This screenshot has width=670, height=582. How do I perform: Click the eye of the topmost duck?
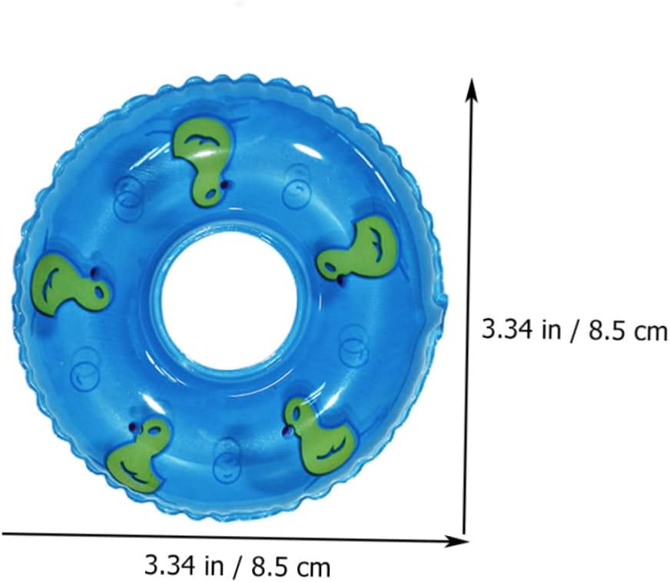[x=225, y=185]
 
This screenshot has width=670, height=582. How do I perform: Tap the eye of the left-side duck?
[x=93, y=271]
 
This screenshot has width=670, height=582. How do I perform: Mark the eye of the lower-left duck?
[x=134, y=427]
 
